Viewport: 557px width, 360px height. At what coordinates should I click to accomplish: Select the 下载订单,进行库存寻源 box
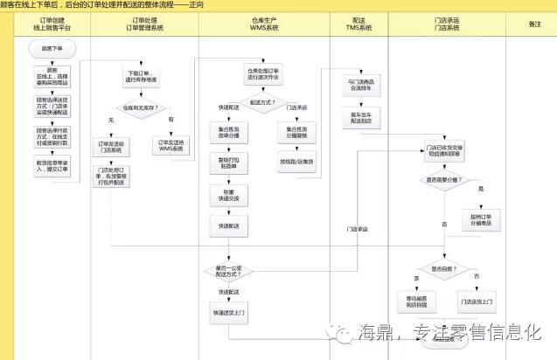tap(140, 75)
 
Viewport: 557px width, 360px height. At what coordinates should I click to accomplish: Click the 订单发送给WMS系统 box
tap(171, 146)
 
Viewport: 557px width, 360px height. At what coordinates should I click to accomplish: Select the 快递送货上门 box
tap(228, 311)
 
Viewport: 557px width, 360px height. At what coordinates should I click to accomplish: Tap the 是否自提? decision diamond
tap(443, 269)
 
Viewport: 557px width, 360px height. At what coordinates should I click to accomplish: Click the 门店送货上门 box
tap(477, 302)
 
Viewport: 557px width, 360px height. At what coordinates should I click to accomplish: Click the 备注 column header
tap(535, 24)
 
